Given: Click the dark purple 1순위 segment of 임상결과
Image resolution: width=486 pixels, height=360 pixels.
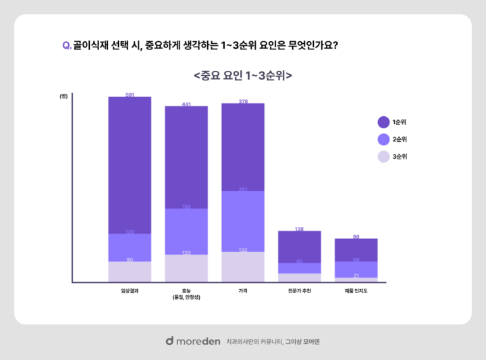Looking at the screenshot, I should click(130, 165).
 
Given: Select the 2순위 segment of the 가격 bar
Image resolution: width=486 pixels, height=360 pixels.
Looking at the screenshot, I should click(242, 222).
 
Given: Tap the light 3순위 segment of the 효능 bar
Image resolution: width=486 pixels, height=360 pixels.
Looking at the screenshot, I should click(186, 268).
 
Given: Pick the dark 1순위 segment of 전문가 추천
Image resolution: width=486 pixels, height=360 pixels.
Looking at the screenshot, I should click(299, 247).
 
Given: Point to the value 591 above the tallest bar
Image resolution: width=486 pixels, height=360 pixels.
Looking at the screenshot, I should click(130, 95).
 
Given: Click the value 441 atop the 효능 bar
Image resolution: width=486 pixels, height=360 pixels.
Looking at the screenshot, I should click(186, 105).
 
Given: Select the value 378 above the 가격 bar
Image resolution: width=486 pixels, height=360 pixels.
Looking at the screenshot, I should click(242, 102).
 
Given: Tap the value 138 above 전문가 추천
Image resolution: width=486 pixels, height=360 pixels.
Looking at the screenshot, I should click(299, 230).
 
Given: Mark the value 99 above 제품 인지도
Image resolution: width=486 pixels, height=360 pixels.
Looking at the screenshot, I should click(356, 237).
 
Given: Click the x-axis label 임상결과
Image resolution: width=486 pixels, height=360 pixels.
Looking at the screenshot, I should click(130, 290).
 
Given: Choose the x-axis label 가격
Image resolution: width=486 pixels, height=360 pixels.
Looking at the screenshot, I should click(242, 290).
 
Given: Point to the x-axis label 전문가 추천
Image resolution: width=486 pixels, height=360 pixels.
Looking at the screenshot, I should click(299, 290).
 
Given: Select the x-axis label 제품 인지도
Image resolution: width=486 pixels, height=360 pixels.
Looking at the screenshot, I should click(356, 290).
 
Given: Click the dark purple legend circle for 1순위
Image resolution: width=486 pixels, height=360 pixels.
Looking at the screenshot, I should click(383, 122).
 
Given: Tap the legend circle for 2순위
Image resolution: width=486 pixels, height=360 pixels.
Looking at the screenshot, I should click(383, 140).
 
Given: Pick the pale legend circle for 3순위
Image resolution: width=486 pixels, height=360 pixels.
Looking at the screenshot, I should click(383, 157).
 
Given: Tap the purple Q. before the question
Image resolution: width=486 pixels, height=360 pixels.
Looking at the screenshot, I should click(67, 45).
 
